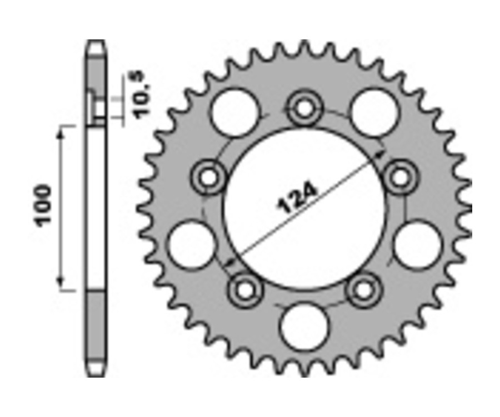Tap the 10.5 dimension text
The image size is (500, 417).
[142, 96]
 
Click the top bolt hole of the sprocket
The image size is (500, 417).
[304, 109]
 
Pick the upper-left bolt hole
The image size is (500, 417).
[209, 177]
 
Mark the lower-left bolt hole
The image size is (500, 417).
[245, 289]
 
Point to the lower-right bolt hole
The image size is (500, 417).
[364, 289]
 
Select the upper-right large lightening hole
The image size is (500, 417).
[373, 113]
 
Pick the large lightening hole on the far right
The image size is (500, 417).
[417, 244]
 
